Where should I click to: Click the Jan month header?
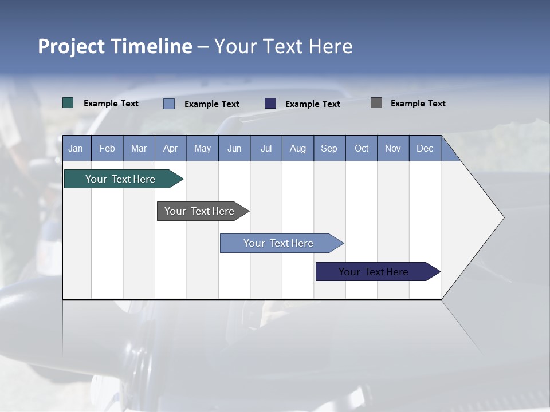[76, 148]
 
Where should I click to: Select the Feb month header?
[107, 148]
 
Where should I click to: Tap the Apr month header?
[171, 148]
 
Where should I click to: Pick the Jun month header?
[234, 148]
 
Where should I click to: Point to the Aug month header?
[298, 148]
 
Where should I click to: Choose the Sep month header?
[329, 148]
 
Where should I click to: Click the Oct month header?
[362, 148]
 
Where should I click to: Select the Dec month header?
[425, 148]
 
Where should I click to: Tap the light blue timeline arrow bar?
[279, 243]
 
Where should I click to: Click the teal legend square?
[68, 103]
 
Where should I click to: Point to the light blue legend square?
[169, 104]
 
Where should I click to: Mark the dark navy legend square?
[270, 103]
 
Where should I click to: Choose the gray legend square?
[376, 103]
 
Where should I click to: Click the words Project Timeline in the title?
[115, 46]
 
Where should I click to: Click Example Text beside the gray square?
[418, 104]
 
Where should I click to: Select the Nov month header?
[393, 148]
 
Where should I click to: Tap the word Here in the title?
[331, 46]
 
